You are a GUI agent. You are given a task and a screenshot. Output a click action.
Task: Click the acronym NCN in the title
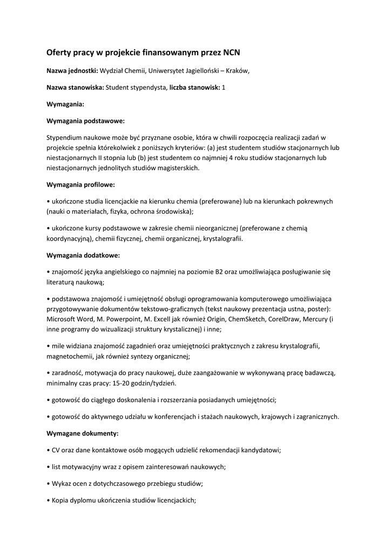tap(230, 53)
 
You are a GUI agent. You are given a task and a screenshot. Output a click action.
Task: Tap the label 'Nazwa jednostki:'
tap(72, 70)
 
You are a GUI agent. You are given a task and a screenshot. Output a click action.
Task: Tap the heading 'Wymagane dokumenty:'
tap(83, 433)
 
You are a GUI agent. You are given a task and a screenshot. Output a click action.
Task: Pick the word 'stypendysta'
tap(149, 88)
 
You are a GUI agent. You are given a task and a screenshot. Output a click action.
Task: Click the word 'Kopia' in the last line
tap(61, 500)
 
